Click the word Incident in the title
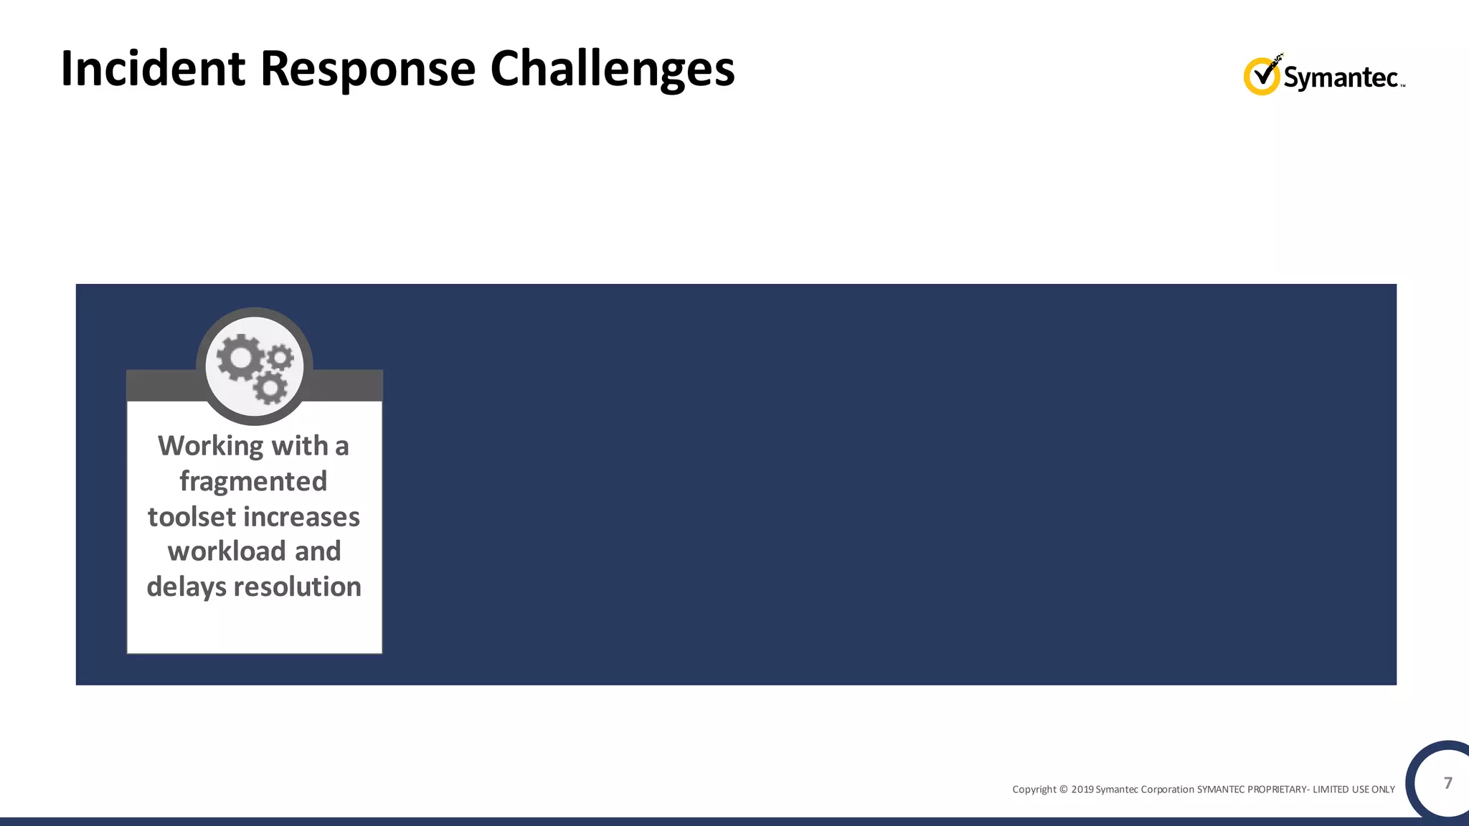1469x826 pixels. click(x=153, y=69)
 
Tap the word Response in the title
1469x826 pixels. click(x=367, y=69)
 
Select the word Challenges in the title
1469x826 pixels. click(x=612, y=69)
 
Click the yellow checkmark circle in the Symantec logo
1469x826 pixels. click(x=1261, y=77)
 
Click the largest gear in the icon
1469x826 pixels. click(x=240, y=357)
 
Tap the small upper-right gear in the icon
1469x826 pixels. click(x=280, y=356)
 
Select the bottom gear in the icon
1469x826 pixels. click(x=270, y=388)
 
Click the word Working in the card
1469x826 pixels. click(x=211, y=446)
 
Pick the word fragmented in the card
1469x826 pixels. click(x=253, y=481)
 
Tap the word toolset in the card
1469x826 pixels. click(x=192, y=517)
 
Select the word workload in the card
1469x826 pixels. click(x=226, y=551)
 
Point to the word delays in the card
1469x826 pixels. click(x=186, y=587)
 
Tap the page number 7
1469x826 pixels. click(x=1447, y=782)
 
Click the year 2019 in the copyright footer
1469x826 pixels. click(x=1082, y=789)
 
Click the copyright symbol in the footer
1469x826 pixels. click(x=1064, y=789)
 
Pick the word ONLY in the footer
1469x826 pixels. click(x=1383, y=789)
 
